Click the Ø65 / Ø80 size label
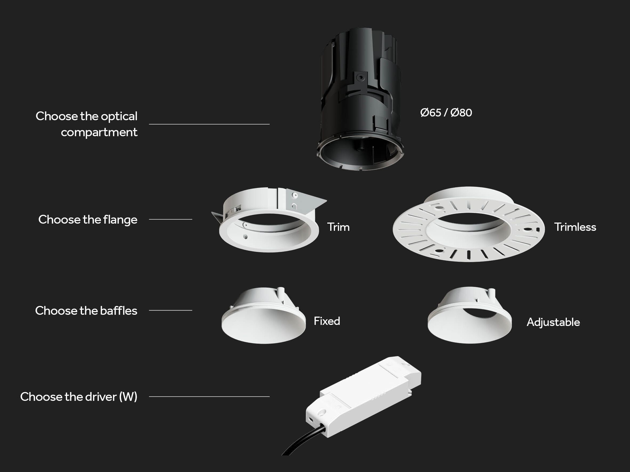click(x=446, y=113)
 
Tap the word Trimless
click(x=575, y=227)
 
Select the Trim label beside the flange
click(x=338, y=227)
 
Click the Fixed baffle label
click(x=327, y=321)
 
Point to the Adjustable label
click(x=553, y=322)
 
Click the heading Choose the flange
click(x=88, y=220)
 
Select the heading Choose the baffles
click(x=86, y=310)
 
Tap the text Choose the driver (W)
click(x=79, y=397)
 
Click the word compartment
click(x=99, y=132)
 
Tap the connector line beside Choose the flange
click(x=170, y=219)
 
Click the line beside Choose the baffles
click(x=170, y=310)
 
